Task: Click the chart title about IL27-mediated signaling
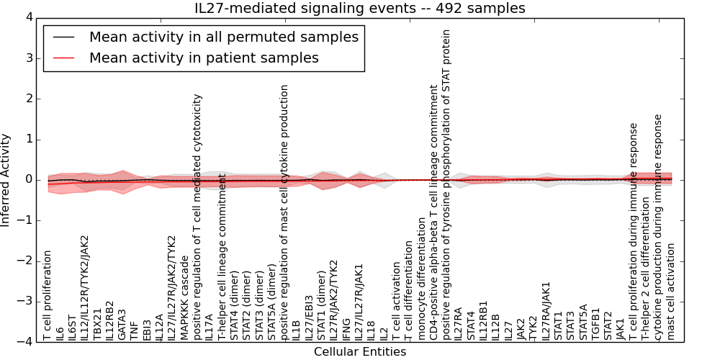coord(359,8)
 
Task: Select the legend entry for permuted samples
coord(223,37)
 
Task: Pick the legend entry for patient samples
coord(204,58)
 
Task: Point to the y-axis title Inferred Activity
coord(6,179)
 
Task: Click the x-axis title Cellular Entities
coord(359,351)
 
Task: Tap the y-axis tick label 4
coord(28,17)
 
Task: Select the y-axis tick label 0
coord(28,179)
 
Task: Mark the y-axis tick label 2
coord(28,99)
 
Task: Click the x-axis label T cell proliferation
coord(48,295)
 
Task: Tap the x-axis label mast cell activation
coord(671,291)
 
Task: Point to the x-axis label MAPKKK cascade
coord(184,302)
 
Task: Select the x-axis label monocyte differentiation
coord(421,285)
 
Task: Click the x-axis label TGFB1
coord(595,325)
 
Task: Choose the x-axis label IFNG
coord(346,329)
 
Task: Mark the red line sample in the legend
coord(63,58)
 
